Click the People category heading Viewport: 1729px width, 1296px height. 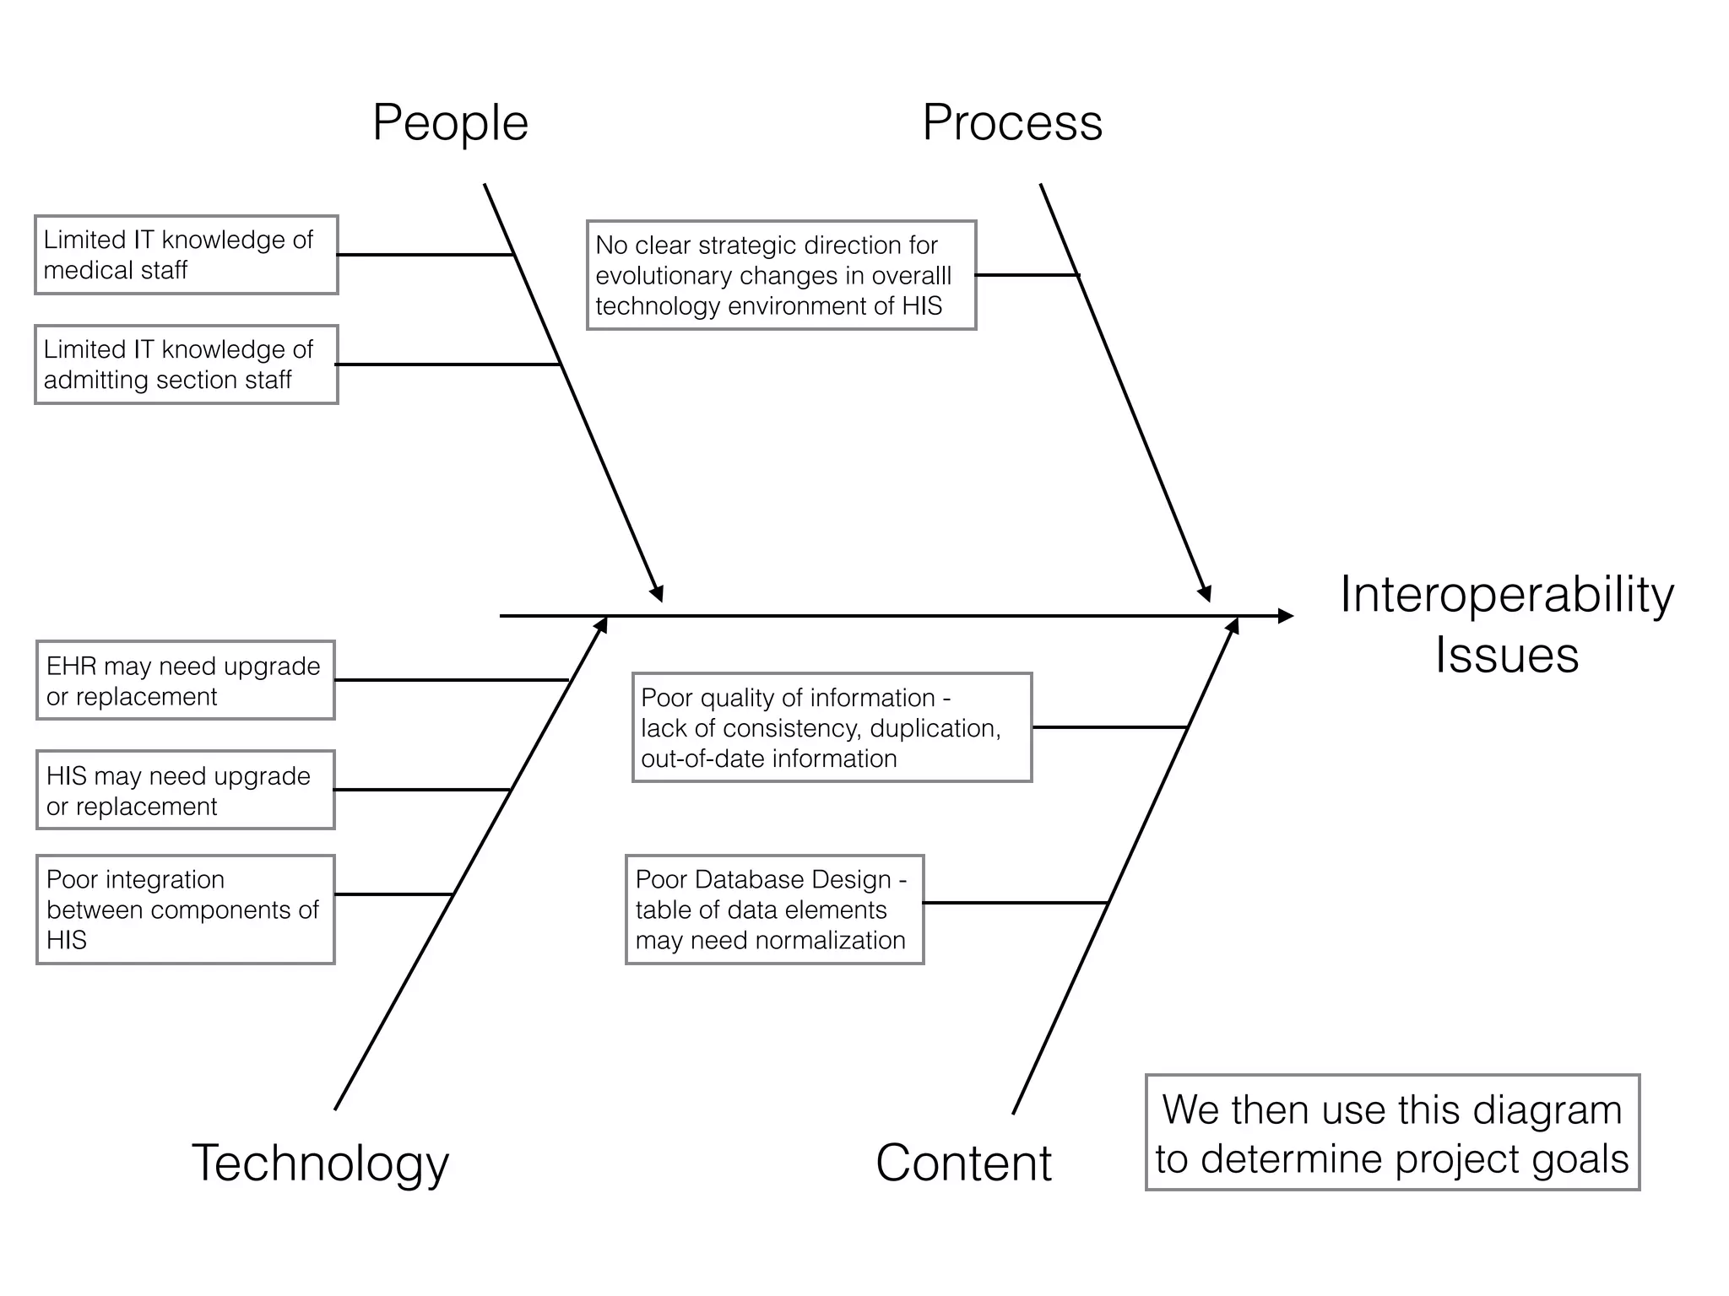(x=450, y=123)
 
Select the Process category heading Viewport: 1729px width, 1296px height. (x=1011, y=123)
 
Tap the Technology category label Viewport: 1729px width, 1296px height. (x=320, y=1163)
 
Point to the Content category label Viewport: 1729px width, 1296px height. (x=963, y=1163)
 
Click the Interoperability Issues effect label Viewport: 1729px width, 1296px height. (x=1506, y=624)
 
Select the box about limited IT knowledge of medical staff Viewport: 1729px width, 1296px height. (x=186, y=255)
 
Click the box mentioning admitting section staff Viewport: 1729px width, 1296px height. (x=186, y=364)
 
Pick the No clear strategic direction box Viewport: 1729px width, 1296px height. (x=781, y=275)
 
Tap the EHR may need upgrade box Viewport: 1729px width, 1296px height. (x=186, y=680)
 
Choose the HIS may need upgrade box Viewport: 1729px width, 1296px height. (x=186, y=790)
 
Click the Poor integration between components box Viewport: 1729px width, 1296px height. (x=186, y=910)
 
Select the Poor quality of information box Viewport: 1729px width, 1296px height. (x=832, y=727)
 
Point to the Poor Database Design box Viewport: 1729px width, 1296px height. (x=774, y=910)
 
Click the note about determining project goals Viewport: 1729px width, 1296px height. (x=1392, y=1132)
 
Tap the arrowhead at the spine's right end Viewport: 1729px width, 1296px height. (x=1286, y=616)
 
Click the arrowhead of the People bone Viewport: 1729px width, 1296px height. (x=657, y=593)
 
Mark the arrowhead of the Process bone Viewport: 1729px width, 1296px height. (x=1205, y=593)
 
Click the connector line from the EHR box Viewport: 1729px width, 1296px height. (x=452, y=680)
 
